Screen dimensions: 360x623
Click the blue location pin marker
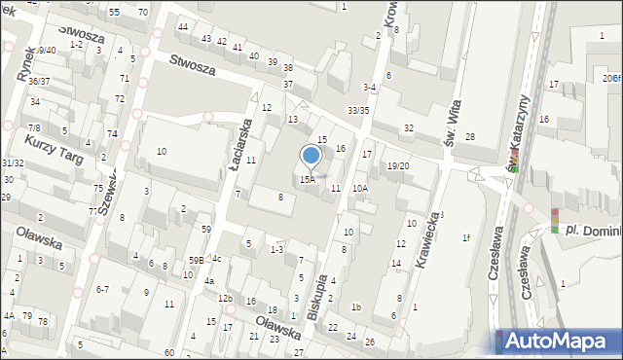[x=311, y=156]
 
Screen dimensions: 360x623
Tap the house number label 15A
[x=308, y=180]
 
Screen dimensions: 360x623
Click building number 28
[x=469, y=137]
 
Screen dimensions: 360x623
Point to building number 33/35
[x=358, y=111]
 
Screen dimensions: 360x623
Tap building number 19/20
[x=397, y=166]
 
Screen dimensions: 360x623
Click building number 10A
[x=360, y=189]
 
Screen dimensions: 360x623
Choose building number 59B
[x=196, y=260]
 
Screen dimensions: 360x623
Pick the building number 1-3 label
[x=276, y=250]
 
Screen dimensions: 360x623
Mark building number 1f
[x=466, y=237]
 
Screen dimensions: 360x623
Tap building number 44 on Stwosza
[x=183, y=26]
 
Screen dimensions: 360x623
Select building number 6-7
[x=102, y=289]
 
